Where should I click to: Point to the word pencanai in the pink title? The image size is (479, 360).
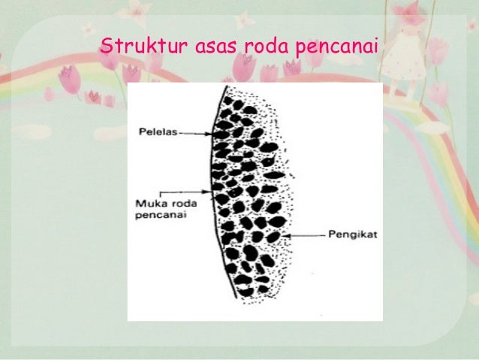337,47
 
